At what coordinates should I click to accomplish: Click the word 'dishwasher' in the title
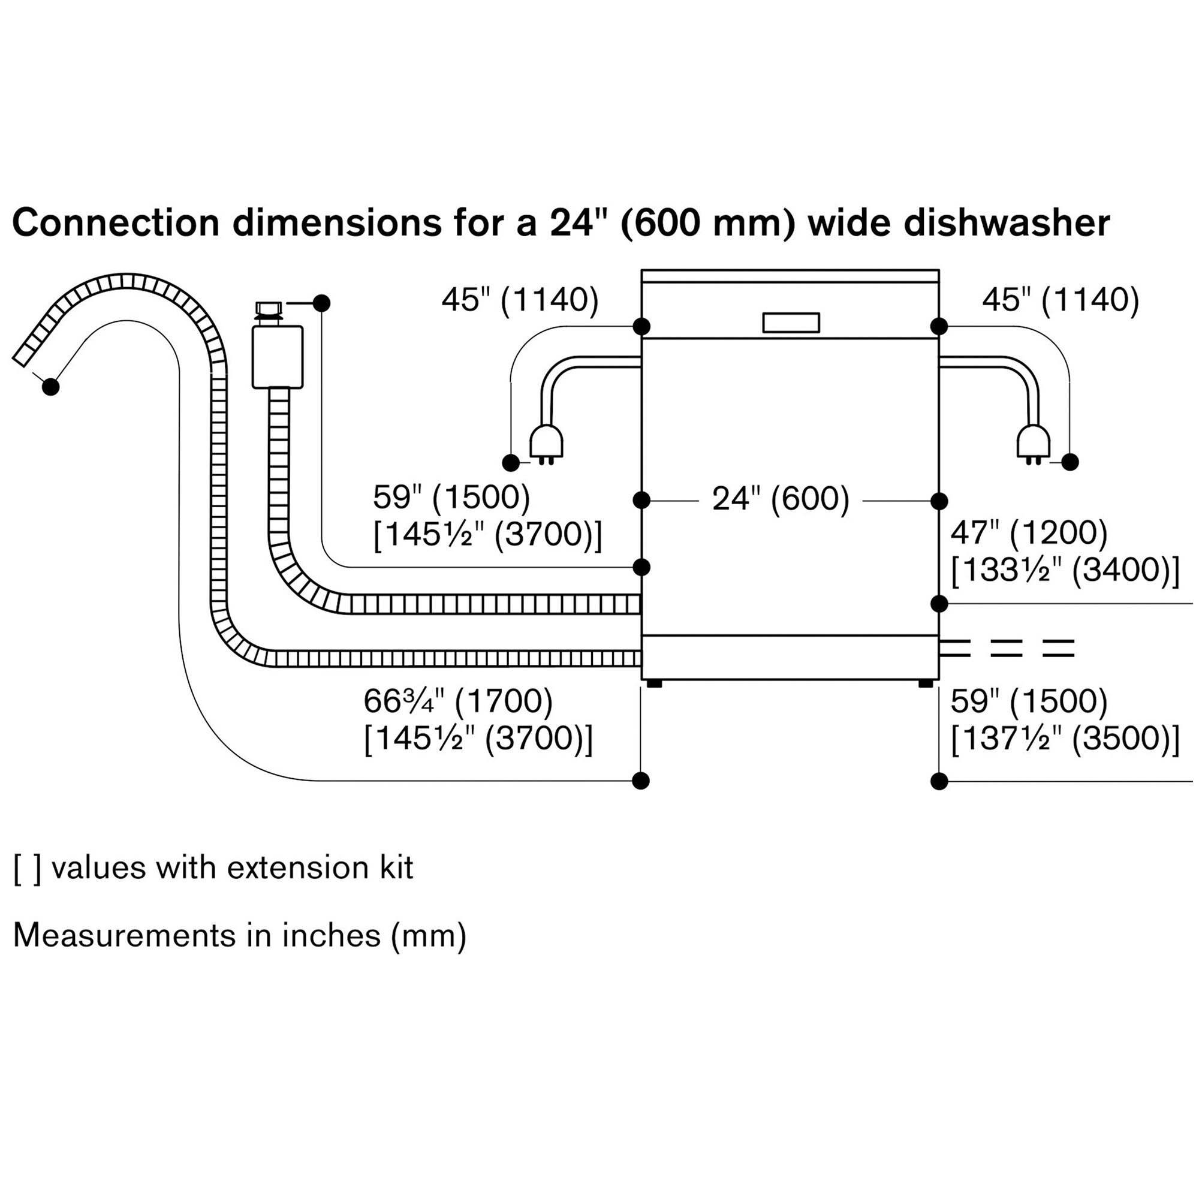click(1006, 223)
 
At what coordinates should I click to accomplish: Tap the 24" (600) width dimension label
click(781, 498)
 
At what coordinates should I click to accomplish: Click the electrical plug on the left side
click(546, 444)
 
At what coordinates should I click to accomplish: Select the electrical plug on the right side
click(1034, 444)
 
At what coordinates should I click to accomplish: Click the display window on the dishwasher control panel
click(791, 322)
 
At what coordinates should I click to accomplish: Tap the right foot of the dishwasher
click(925, 683)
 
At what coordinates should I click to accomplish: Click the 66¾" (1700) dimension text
click(458, 701)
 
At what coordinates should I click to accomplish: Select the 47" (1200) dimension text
click(1029, 532)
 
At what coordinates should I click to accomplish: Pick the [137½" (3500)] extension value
click(1065, 739)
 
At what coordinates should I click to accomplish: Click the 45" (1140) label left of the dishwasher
click(520, 300)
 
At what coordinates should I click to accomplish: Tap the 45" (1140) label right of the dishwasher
click(1061, 300)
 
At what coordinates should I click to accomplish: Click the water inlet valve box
click(278, 357)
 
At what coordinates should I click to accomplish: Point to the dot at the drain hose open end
click(51, 387)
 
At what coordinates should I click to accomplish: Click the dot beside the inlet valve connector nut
click(321, 303)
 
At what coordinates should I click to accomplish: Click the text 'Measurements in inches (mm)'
click(240, 935)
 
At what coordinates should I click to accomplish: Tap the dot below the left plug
click(511, 462)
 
